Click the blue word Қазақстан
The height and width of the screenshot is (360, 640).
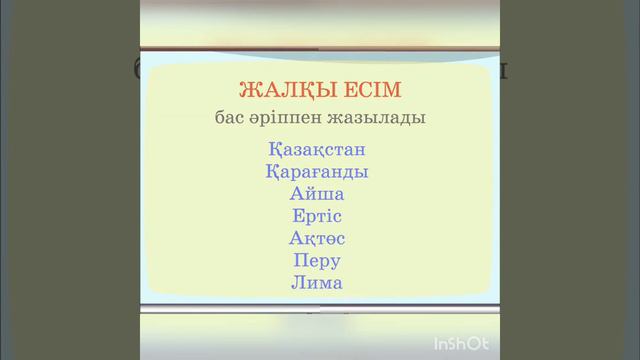pyautogui.click(x=318, y=150)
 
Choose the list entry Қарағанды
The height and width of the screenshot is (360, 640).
pyautogui.click(x=318, y=172)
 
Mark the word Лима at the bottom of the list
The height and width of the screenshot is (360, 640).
pyautogui.click(x=318, y=283)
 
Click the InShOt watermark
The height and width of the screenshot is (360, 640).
pyautogui.click(x=461, y=344)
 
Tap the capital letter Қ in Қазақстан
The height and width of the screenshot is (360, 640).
pyautogui.click(x=275, y=150)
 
